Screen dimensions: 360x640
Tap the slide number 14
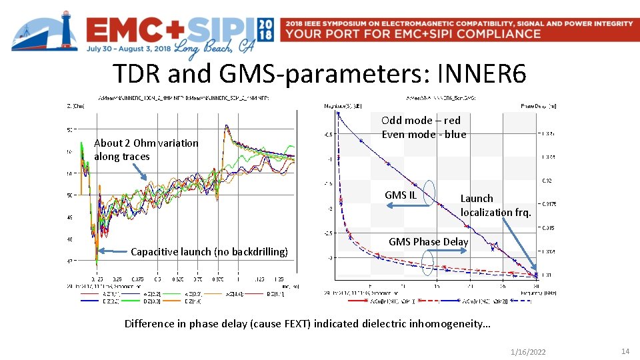[x=625, y=351]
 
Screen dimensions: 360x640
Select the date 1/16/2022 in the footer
[x=527, y=351]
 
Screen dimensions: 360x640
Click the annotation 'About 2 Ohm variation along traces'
[x=146, y=149]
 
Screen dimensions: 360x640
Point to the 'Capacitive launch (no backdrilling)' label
[x=209, y=251]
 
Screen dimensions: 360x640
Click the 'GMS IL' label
[x=400, y=195]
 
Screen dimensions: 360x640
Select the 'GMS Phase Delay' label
[x=428, y=241]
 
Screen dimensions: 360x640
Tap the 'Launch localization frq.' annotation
[x=495, y=205]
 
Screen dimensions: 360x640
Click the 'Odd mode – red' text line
[x=421, y=120]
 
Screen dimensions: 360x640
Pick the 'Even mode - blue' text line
[x=424, y=134]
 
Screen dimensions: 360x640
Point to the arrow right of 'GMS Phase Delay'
[x=453, y=253]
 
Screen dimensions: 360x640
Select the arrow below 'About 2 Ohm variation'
[x=140, y=171]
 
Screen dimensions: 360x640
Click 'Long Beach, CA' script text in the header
[x=213, y=46]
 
